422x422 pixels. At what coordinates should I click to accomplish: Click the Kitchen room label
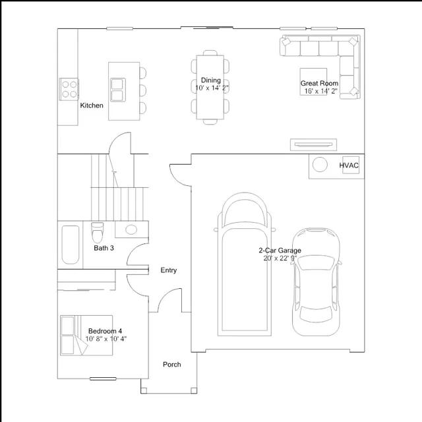coord(92,105)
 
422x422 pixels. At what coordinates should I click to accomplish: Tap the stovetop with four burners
coord(69,90)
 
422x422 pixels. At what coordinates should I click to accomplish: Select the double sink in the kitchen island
coord(118,90)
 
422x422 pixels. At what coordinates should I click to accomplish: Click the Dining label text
coord(211,80)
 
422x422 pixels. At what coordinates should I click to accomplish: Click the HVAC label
coord(349,166)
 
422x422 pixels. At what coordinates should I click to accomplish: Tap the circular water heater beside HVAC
coord(320,164)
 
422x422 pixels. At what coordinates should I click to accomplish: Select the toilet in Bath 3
coord(97,232)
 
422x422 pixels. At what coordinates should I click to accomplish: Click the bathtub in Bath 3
coord(71,245)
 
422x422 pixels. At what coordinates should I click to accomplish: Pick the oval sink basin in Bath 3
coord(131,229)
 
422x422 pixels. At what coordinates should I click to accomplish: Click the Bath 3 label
coord(104,248)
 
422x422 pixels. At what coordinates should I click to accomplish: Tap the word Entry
coord(169,270)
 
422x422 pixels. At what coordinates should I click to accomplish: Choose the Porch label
coord(171,365)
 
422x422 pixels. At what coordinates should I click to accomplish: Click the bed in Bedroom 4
coord(86,336)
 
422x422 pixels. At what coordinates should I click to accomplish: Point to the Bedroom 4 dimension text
coord(106,339)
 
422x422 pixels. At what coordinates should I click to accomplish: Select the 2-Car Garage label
coord(280,251)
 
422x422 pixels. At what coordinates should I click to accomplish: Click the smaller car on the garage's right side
coord(316,282)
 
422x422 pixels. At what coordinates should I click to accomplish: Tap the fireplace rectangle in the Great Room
coord(313,144)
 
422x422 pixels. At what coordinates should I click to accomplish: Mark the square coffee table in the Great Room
coord(314,82)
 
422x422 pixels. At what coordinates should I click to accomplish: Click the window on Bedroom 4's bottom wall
coord(103,378)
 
